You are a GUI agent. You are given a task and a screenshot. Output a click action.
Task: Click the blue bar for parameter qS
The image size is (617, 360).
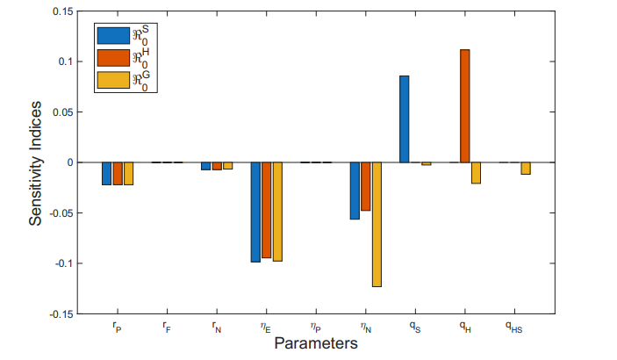point(405,119)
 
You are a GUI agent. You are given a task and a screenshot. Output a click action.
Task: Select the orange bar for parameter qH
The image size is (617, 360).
point(465,106)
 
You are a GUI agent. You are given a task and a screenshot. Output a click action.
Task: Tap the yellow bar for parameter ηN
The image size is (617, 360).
point(377,225)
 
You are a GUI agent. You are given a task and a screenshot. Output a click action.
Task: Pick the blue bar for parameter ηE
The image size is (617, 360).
point(255,212)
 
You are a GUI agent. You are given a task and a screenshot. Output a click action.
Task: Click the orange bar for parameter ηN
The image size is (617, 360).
point(365,186)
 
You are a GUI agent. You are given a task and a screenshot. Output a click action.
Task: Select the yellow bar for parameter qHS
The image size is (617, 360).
point(525,169)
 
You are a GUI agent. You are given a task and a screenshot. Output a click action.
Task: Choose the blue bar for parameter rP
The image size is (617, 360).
point(107,174)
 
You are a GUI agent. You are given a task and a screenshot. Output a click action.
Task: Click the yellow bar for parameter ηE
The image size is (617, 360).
point(277,212)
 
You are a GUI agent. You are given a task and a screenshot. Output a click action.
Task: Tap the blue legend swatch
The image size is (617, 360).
point(112,36)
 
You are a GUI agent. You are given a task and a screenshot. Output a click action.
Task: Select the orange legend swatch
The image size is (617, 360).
point(112,58)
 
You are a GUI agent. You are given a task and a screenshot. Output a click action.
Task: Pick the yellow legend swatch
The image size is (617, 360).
point(112,80)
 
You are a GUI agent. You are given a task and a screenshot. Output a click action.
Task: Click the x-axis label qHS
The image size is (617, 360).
point(514,327)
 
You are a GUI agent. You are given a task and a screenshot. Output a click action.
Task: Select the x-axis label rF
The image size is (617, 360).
point(167,327)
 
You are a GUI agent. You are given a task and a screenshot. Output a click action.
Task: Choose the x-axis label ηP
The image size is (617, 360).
point(316,327)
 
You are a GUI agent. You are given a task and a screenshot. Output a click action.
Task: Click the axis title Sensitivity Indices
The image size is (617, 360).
point(36,162)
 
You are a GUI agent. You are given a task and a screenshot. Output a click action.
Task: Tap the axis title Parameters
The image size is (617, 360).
point(315,342)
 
